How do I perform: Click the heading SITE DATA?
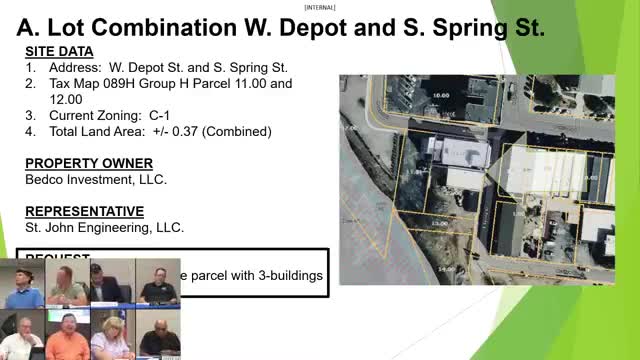[59, 51]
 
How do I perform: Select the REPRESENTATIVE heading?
[84, 211]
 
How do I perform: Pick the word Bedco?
[44, 180]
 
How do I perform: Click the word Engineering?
[114, 227]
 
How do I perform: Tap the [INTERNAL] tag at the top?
[320, 5]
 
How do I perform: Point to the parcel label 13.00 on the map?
[437, 222]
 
